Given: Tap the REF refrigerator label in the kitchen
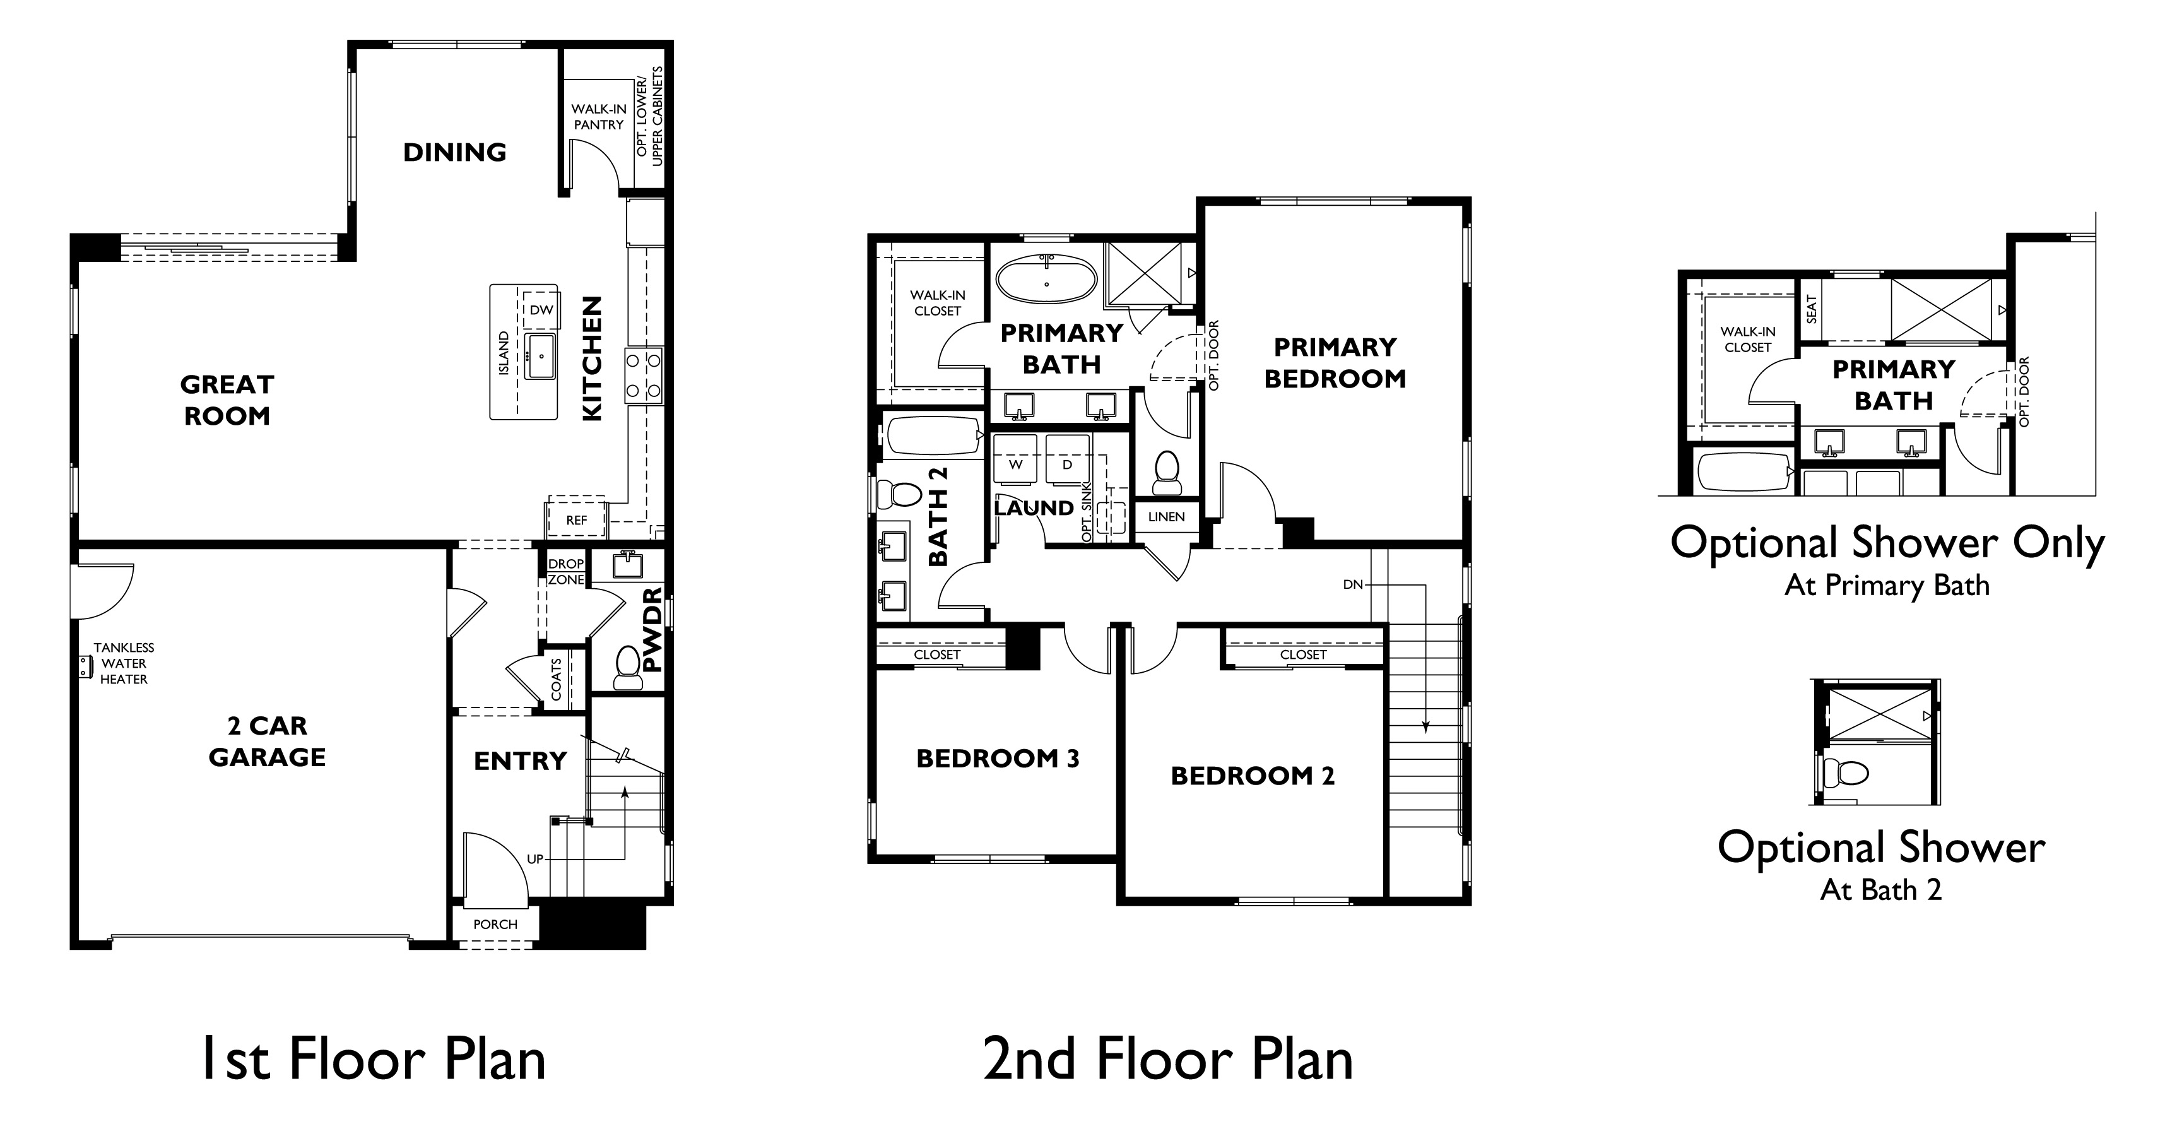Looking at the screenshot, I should (x=576, y=520).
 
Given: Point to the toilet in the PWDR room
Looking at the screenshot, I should (x=627, y=667).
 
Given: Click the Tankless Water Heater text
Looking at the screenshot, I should (x=124, y=663).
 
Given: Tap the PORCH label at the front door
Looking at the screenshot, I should (x=495, y=924).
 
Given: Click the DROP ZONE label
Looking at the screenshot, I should (x=565, y=571).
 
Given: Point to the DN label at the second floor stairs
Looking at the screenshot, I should (x=1352, y=584).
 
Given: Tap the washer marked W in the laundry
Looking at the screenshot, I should (x=1016, y=464).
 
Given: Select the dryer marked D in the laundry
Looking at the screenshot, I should (x=1066, y=464).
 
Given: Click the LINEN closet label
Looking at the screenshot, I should (x=1166, y=516).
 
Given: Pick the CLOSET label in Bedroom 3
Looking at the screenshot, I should (x=936, y=654).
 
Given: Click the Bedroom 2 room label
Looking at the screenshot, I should (x=1251, y=776).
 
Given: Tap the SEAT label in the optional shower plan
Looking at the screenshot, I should (x=1811, y=309).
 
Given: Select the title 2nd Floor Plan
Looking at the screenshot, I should (x=1168, y=1059).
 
